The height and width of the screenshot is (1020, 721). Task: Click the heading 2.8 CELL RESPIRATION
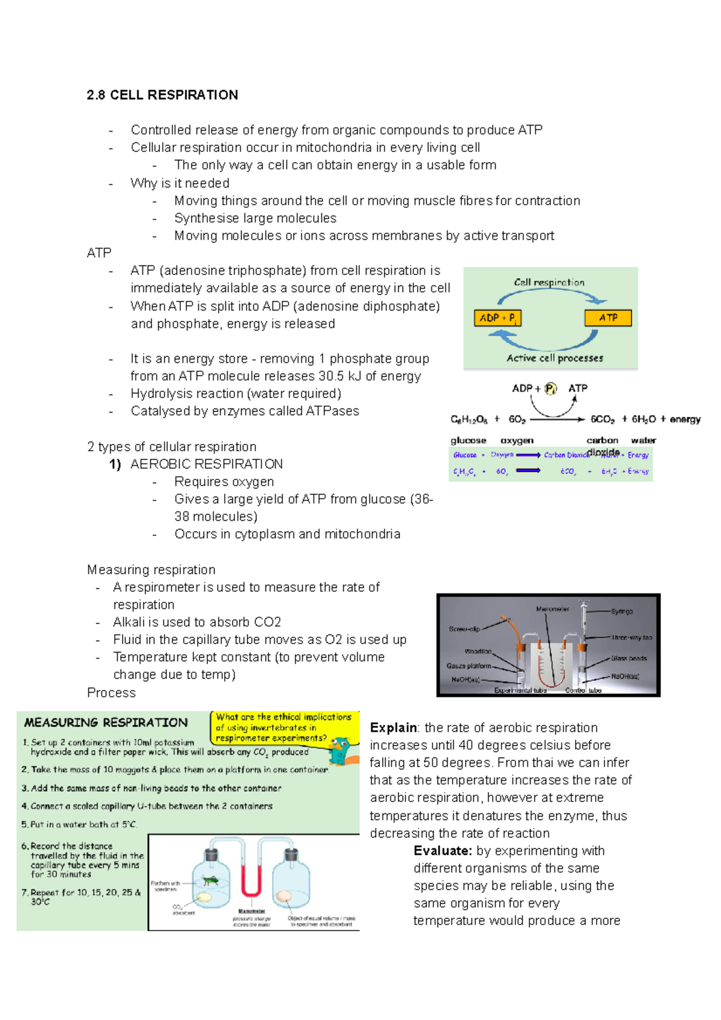pyautogui.click(x=162, y=95)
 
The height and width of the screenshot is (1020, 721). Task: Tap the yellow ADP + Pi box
pyautogui.click(x=497, y=318)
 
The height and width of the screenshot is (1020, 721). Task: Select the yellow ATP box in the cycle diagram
pyautogui.click(x=607, y=318)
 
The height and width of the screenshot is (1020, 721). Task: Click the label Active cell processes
pyautogui.click(x=555, y=358)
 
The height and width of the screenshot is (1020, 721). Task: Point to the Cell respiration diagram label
pyautogui.click(x=549, y=282)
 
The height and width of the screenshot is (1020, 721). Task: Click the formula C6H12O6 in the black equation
pyautogui.click(x=469, y=419)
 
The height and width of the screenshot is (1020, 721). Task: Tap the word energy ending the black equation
pyautogui.click(x=685, y=419)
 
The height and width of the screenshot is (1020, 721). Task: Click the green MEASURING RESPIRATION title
pyautogui.click(x=106, y=723)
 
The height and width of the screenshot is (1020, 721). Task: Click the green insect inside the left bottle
pyautogui.click(x=210, y=880)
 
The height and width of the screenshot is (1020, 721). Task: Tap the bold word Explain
pyautogui.click(x=394, y=728)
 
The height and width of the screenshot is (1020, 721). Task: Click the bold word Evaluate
pyautogui.click(x=443, y=851)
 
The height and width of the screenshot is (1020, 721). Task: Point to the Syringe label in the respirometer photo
pyautogui.click(x=621, y=611)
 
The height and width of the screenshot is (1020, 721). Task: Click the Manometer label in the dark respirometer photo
pyautogui.click(x=552, y=609)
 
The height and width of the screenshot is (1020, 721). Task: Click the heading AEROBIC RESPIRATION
pyautogui.click(x=206, y=464)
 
